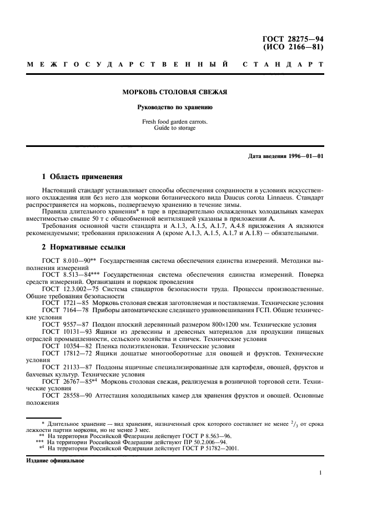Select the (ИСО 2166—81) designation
(292, 47)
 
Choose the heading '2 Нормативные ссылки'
(84, 247)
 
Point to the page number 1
(321, 473)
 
